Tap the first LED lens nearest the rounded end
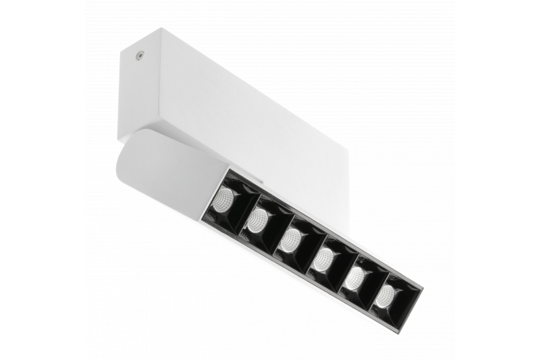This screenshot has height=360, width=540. point(225,198)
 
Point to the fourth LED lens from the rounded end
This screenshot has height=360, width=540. point(324,258)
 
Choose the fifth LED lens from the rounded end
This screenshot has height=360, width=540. point(355,277)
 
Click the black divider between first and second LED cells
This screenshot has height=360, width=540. point(244,203)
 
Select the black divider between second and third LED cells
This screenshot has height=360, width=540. point(277,224)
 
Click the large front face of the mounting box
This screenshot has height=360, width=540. point(250,115)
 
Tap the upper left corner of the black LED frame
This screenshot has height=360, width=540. point(227,169)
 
